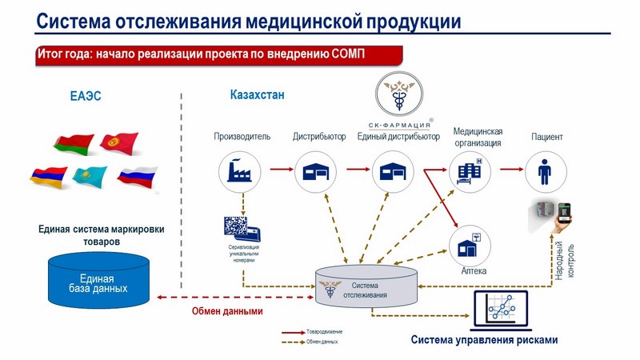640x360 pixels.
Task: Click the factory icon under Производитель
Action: (x=240, y=170)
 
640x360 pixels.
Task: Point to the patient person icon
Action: (x=546, y=170)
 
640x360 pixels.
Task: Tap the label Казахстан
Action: (x=257, y=95)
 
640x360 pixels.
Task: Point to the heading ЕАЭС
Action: (x=86, y=98)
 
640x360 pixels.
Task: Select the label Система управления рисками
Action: (x=484, y=340)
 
